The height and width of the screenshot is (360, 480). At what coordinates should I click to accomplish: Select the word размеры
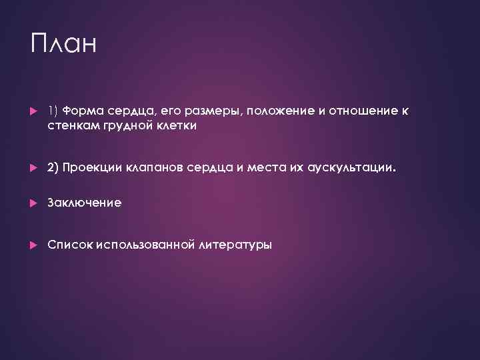[215, 111]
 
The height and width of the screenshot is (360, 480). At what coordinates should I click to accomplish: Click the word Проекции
[91, 169]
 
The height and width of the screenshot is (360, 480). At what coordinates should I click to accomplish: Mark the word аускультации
[353, 169]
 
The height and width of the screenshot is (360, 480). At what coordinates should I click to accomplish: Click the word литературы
[235, 245]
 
